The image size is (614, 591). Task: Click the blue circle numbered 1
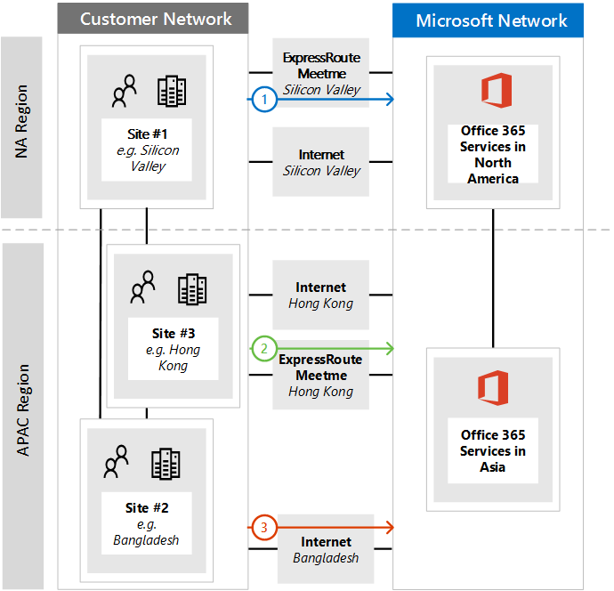click(x=263, y=101)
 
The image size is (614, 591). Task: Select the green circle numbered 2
click(x=263, y=348)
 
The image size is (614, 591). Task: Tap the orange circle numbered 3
click(x=263, y=528)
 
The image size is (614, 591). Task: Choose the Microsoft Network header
click(x=491, y=20)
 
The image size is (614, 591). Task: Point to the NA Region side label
click(x=22, y=122)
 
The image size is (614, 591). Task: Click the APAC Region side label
click(x=22, y=409)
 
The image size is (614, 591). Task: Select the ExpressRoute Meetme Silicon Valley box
click(x=321, y=73)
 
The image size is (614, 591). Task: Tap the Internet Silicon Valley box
click(x=321, y=162)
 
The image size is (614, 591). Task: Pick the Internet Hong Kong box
click(x=321, y=295)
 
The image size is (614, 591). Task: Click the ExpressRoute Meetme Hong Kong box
click(x=321, y=375)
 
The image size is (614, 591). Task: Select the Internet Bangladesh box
click(x=326, y=549)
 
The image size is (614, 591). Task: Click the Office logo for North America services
click(x=495, y=92)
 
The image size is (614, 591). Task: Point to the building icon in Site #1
click(x=172, y=91)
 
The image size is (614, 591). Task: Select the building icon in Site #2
click(x=166, y=464)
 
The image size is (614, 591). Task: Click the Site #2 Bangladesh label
click(x=146, y=523)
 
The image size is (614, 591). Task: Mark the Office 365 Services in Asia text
click(x=492, y=451)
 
